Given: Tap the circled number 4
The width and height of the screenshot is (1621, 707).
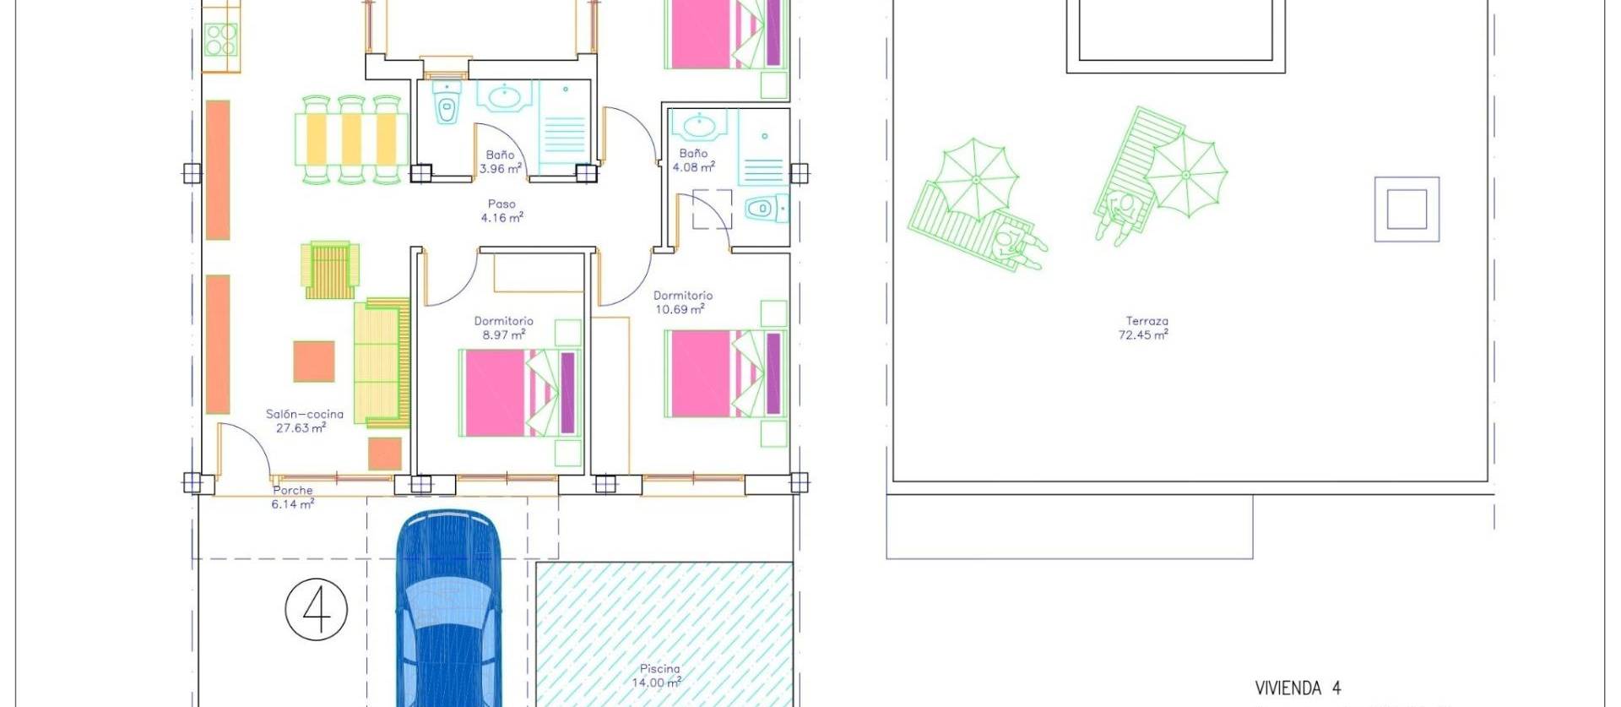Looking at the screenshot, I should tap(317, 609).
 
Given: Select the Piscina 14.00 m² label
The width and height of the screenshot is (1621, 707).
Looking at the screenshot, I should tap(659, 676).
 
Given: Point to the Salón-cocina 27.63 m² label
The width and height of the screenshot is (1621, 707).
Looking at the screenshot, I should tap(304, 421).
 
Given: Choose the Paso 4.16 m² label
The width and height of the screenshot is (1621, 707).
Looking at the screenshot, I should tap(501, 211).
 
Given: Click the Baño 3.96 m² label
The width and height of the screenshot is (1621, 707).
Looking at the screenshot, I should tap(500, 161).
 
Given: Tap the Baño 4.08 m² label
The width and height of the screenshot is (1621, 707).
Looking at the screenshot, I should tap(693, 160).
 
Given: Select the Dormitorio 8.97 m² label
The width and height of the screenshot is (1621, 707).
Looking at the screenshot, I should tap(503, 328).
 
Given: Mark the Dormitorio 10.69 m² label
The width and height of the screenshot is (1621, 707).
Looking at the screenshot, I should tap(682, 302).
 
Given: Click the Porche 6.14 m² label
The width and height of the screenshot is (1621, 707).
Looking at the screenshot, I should tap(292, 498).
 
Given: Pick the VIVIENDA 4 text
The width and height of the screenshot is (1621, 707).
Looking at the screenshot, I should tap(1297, 688).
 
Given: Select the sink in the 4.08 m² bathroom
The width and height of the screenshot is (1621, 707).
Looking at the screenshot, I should tap(698, 126).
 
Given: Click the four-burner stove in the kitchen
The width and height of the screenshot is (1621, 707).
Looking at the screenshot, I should tap(221, 39).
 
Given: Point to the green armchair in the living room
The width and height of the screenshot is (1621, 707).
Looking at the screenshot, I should tap(330, 269).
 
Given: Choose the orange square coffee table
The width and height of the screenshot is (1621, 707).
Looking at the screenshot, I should tap(314, 361).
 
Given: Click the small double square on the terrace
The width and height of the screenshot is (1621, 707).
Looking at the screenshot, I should tap(1407, 209).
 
